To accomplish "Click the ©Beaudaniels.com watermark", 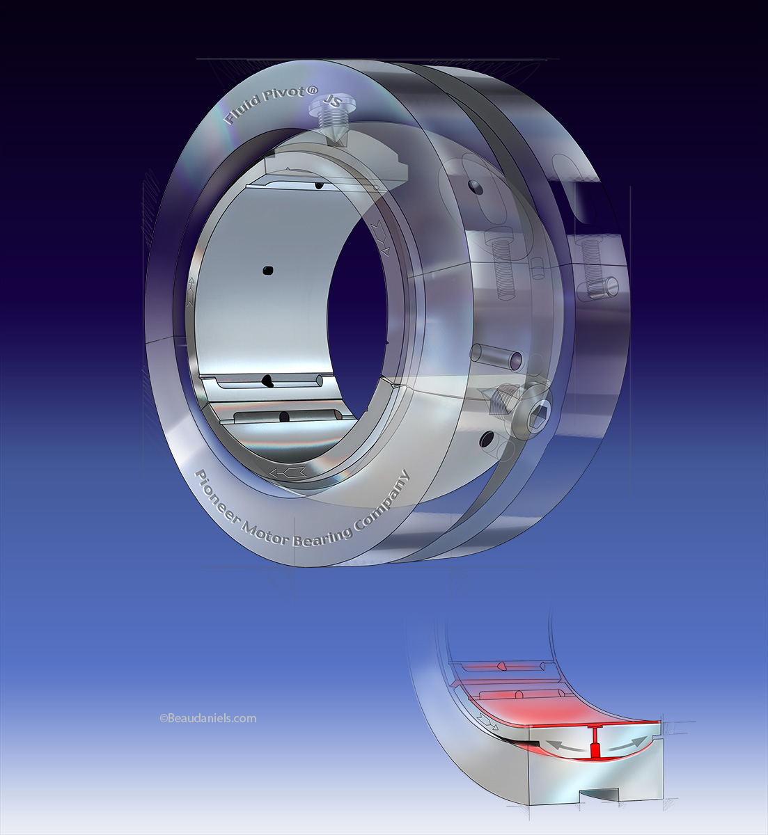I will point(207,718).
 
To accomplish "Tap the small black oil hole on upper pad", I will point(318,185).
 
